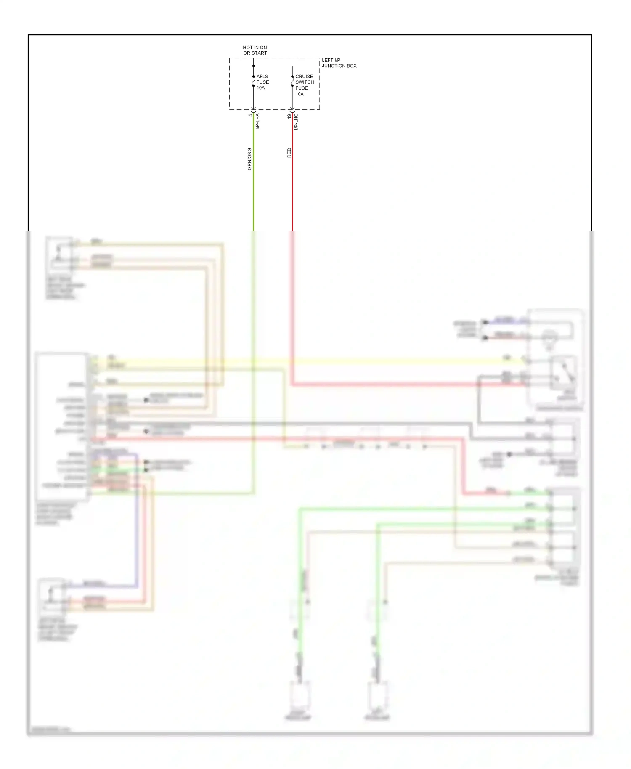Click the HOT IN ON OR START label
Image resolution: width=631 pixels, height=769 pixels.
[x=255, y=50]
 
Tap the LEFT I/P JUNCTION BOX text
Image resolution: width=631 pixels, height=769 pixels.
[x=339, y=63]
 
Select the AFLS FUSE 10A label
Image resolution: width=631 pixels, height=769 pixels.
[x=262, y=82]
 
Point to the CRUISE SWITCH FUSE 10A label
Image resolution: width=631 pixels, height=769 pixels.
[x=304, y=85]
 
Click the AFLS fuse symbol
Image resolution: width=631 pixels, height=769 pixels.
[x=253, y=81]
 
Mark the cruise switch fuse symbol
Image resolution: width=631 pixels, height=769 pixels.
[x=292, y=81]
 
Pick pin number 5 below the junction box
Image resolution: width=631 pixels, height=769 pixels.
[x=250, y=115]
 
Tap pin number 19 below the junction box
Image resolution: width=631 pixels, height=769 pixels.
[x=289, y=116]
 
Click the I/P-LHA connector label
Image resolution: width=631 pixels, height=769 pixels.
[x=257, y=121]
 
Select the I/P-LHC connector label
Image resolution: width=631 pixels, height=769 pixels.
[x=296, y=121]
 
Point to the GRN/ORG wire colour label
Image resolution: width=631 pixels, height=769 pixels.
[x=249, y=159]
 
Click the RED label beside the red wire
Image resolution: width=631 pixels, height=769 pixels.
[x=289, y=153]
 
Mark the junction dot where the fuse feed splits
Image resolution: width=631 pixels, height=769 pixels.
[x=253, y=66]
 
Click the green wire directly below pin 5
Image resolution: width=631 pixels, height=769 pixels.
[x=253, y=189]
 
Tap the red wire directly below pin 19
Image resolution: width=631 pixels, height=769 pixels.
[x=292, y=189]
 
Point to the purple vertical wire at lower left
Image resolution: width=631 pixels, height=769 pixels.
[x=137, y=526]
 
